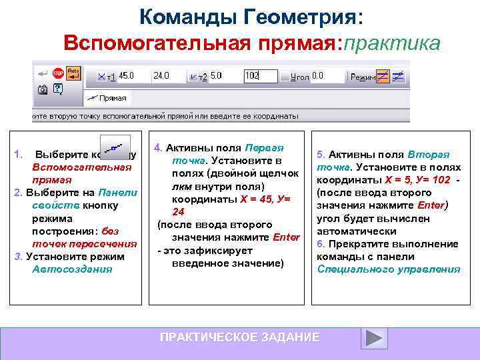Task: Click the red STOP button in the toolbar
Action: click(58, 73)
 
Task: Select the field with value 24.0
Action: click(167, 76)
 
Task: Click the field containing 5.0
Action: click(223, 76)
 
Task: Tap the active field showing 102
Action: click(260, 76)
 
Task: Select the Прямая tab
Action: click(107, 97)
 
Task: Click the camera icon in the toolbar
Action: click(43, 88)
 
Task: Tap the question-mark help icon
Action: click(57, 88)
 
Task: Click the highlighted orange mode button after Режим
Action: click(383, 76)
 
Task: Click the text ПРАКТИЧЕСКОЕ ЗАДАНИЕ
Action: click(239, 337)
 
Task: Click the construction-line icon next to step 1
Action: click(115, 145)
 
